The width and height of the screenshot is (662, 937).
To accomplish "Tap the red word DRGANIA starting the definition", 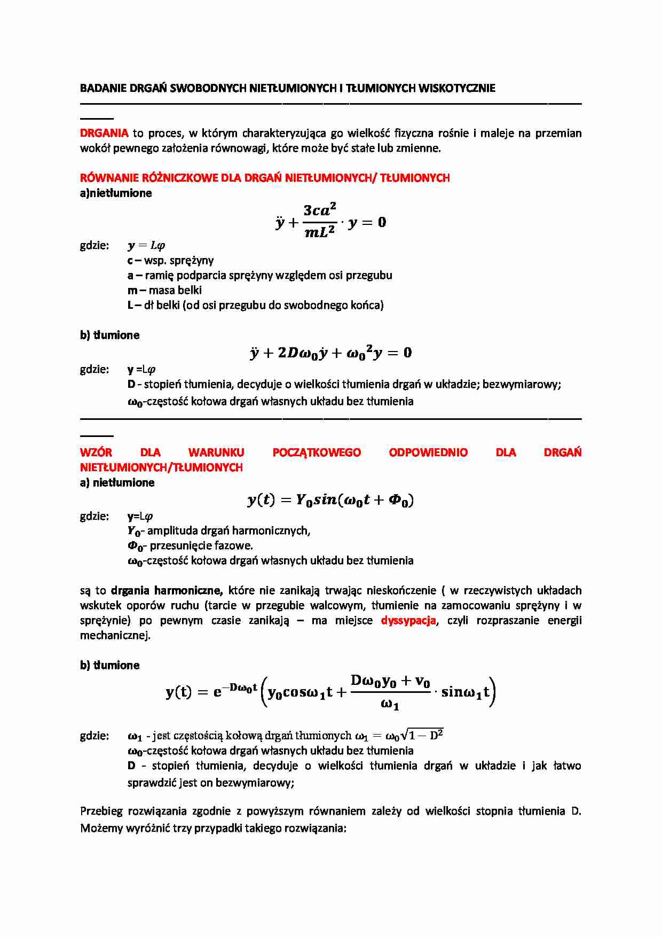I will point(104,133).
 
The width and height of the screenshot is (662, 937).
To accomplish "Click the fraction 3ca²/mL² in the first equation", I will point(320,221).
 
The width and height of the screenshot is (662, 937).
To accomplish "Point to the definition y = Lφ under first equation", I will point(146,246).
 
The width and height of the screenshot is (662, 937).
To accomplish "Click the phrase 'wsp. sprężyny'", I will point(179,261).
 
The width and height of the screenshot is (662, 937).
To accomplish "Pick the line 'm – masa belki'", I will point(164,291).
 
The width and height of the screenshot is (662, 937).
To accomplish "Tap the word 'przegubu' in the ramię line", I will point(369,276).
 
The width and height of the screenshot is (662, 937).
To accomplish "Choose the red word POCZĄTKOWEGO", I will point(317,452).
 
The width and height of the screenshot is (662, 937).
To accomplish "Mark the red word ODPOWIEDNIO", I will point(428,452).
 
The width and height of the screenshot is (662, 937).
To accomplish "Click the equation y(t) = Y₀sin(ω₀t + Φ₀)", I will point(330,500).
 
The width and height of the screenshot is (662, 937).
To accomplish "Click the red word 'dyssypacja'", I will point(408,621).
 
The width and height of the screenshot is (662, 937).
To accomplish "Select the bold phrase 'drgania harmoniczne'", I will point(167,591).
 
